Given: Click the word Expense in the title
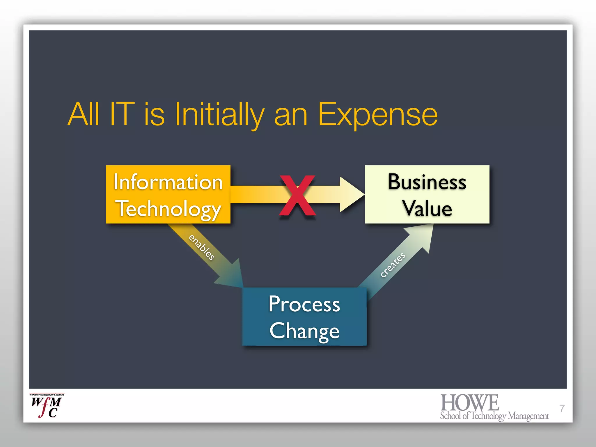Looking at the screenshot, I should coord(378,115).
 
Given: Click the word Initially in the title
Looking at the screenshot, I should coord(219,115).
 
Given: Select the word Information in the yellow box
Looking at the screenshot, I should coord(168,182).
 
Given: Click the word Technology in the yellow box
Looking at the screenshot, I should coord(169,209).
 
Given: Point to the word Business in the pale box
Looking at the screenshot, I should coord(427,182).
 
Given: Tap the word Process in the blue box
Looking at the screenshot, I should coord(304,304).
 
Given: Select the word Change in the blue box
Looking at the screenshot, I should coord(304,331).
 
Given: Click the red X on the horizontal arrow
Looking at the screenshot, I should coord(297,195).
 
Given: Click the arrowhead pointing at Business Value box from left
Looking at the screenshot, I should coord(351,194).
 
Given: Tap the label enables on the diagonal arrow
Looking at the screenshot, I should coord(202,247).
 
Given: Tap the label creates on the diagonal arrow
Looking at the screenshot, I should coord(393,265).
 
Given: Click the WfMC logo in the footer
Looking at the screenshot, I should coord(47,406).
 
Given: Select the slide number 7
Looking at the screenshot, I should coord(562,408).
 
